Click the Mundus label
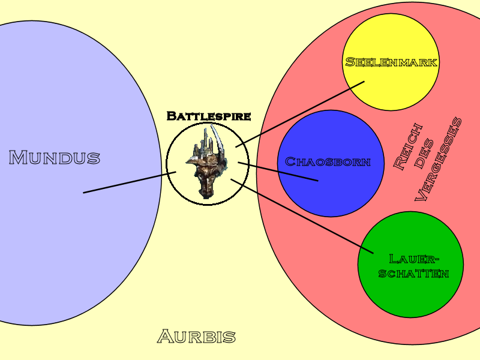coord(54,158)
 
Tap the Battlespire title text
coord(208,116)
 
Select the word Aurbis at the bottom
coord(196,337)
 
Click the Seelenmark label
coord(392,62)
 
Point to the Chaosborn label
coord(327,161)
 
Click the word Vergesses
coord(440,159)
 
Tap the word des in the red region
coord(424,154)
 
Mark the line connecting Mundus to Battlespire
coord(129,182)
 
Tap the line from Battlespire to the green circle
coord(303,216)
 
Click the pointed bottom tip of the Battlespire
coord(204,196)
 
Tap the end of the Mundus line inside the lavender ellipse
coord(84,193)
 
